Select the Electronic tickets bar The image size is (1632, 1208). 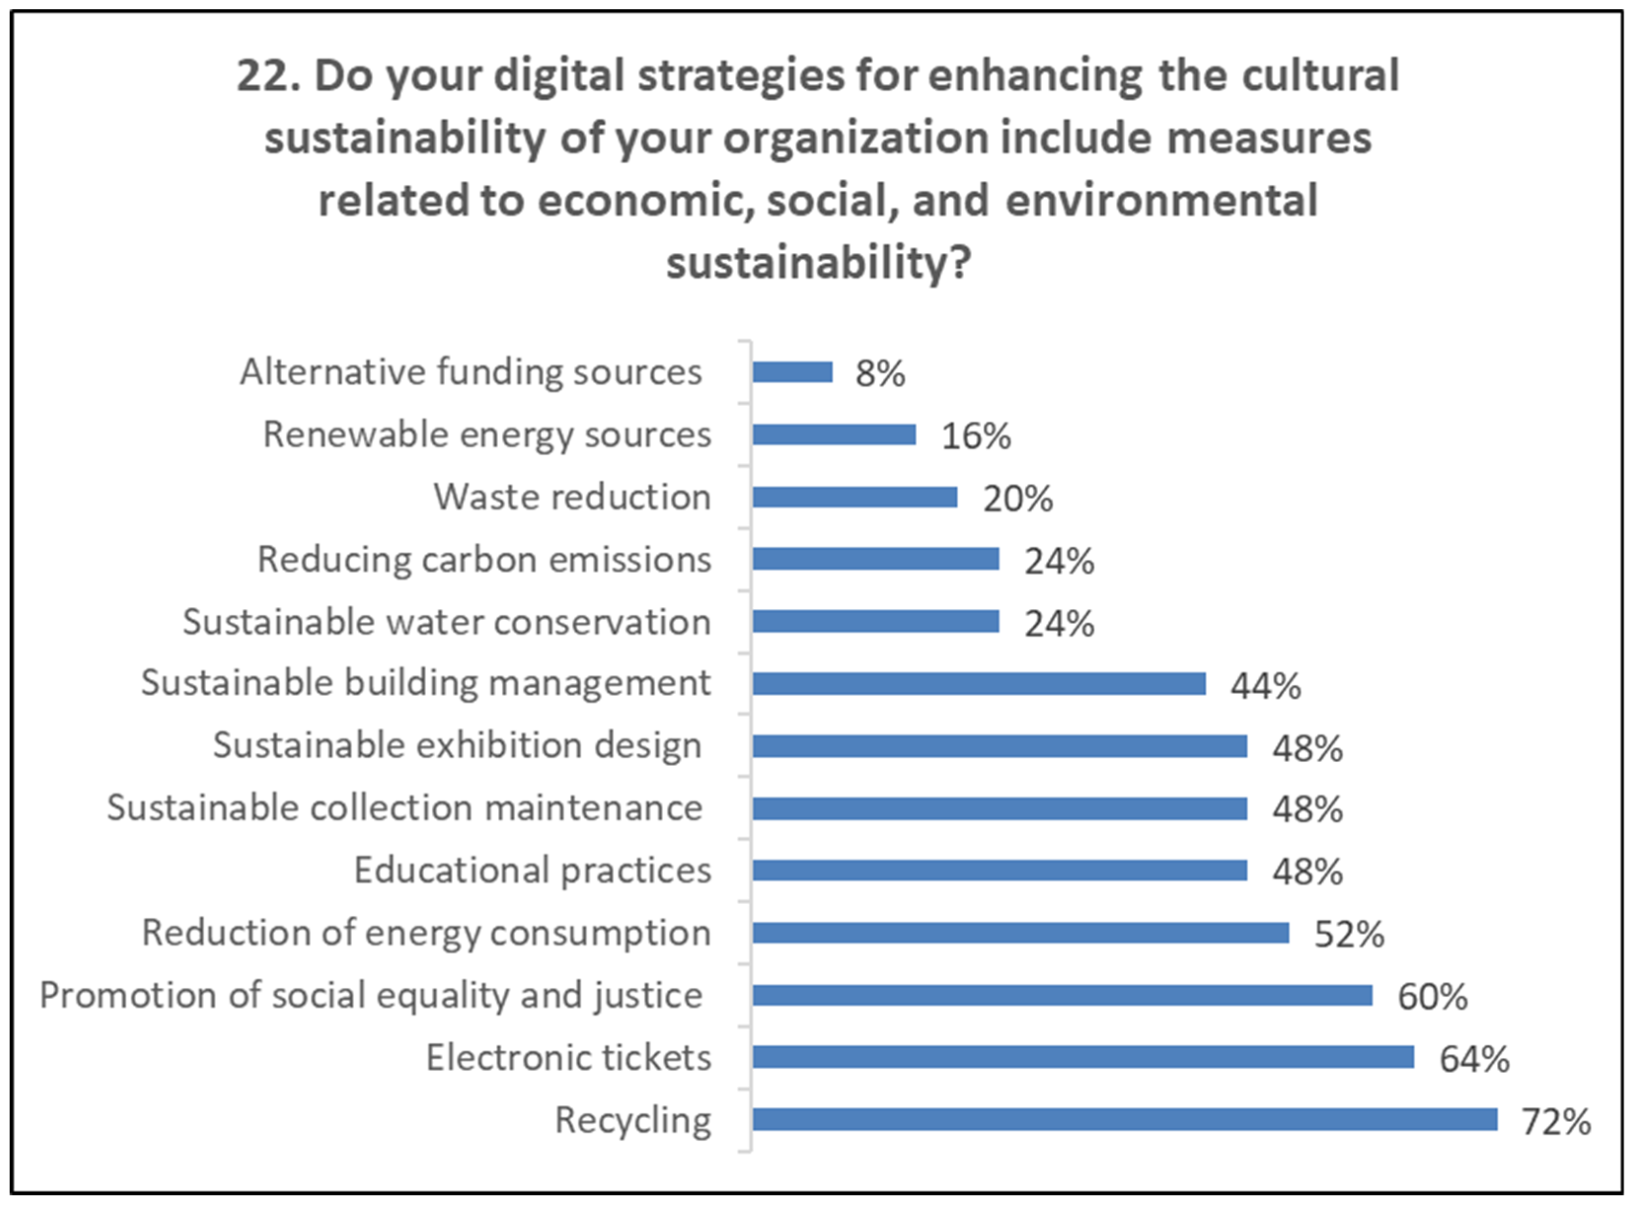[x=1082, y=1057]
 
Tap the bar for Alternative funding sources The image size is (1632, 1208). [x=792, y=372]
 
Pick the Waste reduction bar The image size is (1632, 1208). [x=854, y=497]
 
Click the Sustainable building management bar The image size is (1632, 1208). [x=979, y=684]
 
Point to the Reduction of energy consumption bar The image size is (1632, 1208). [x=1020, y=932]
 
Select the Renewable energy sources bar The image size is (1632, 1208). [x=834, y=434]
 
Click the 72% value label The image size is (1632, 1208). [x=1556, y=1122]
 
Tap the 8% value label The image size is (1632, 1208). [x=880, y=374]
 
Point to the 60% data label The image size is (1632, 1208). [x=1432, y=996]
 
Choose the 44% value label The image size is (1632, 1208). [x=1265, y=686]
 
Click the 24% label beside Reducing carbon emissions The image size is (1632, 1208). [x=1059, y=562]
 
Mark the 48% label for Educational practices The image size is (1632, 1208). [x=1306, y=872]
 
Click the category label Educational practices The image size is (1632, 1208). [x=532, y=870]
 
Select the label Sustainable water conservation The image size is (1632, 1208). [x=446, y=622]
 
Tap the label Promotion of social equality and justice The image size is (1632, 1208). [x=371, y=995]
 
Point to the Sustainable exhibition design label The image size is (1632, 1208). [x=457, y=746]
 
